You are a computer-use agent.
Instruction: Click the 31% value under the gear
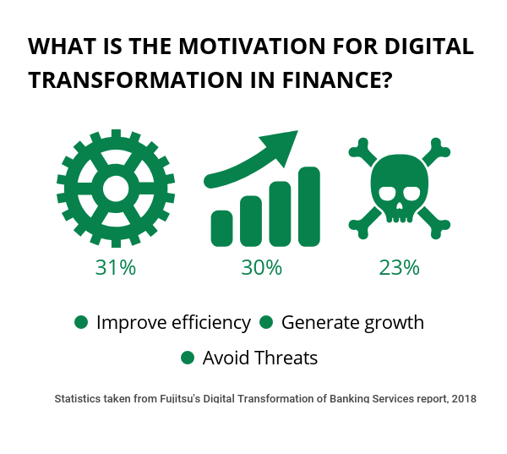[x=116, y=268]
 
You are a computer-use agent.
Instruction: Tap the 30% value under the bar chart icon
[x=262, y=268]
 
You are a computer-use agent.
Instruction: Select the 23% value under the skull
[x=399, y=268]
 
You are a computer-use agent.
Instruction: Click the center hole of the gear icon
[x=116, y=189]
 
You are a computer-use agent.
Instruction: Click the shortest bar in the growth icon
[x=221, y=228]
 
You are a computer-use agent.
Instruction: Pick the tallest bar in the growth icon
[x=309, y=207]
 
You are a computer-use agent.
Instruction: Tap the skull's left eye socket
[x=387, y=194]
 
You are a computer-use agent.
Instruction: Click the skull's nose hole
[x=400, y=205]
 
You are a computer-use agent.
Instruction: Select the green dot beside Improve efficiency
[x=81, y=322]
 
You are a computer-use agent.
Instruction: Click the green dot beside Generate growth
[x=266, y=322]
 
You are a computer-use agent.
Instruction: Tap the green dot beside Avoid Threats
[x=188, y=358]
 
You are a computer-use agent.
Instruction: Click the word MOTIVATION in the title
[x=252, y=46]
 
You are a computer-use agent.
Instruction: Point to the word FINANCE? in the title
[x=337, y=80]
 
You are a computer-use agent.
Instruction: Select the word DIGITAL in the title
[x=429, y=46]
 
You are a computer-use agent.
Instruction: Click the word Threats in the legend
[x=286, y=358]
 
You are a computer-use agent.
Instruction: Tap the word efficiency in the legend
[x=211, y=323]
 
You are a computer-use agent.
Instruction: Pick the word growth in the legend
[x=394, y=323]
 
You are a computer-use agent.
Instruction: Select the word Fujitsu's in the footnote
[x=180, y=399]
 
